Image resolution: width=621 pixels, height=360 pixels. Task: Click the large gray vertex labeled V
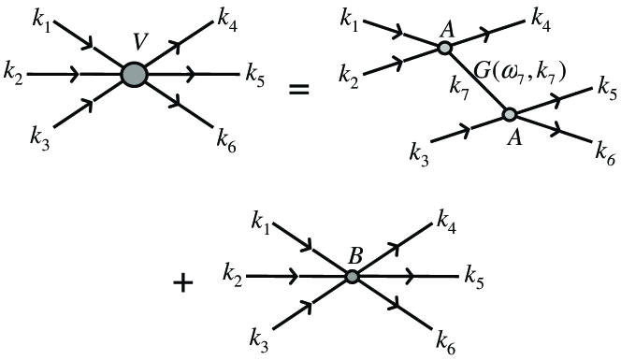click(x=134, y=74)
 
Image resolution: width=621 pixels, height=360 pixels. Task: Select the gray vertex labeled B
click(x=352, y=277)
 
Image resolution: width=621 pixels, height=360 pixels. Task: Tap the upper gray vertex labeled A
click(x=446, y=48)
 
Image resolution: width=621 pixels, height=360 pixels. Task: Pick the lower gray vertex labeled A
click(x=510, y=114)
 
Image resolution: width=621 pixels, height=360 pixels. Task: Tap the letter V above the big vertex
click(x=135, y=43)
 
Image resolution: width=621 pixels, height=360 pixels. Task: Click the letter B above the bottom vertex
click(x=354, y=252)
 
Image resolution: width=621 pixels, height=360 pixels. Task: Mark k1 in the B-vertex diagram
click(x=264, y=223)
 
